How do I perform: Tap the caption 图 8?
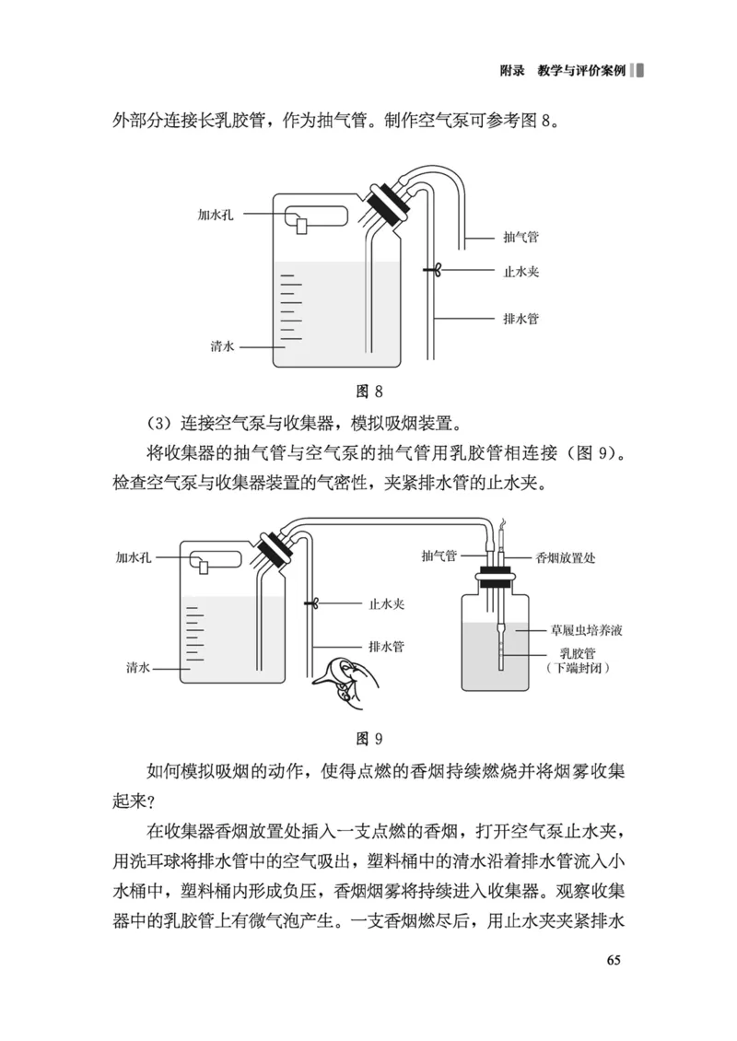[368, 392]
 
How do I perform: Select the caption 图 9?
[368, 738]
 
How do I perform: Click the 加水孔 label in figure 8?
[216, 214]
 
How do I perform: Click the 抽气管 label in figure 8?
[521, 237]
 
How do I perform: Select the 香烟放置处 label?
[566, 557]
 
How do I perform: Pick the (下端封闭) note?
[577, 667]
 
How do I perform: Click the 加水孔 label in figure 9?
[134, 557]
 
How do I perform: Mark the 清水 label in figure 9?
[139, 666]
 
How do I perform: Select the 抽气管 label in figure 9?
[439, 557]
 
